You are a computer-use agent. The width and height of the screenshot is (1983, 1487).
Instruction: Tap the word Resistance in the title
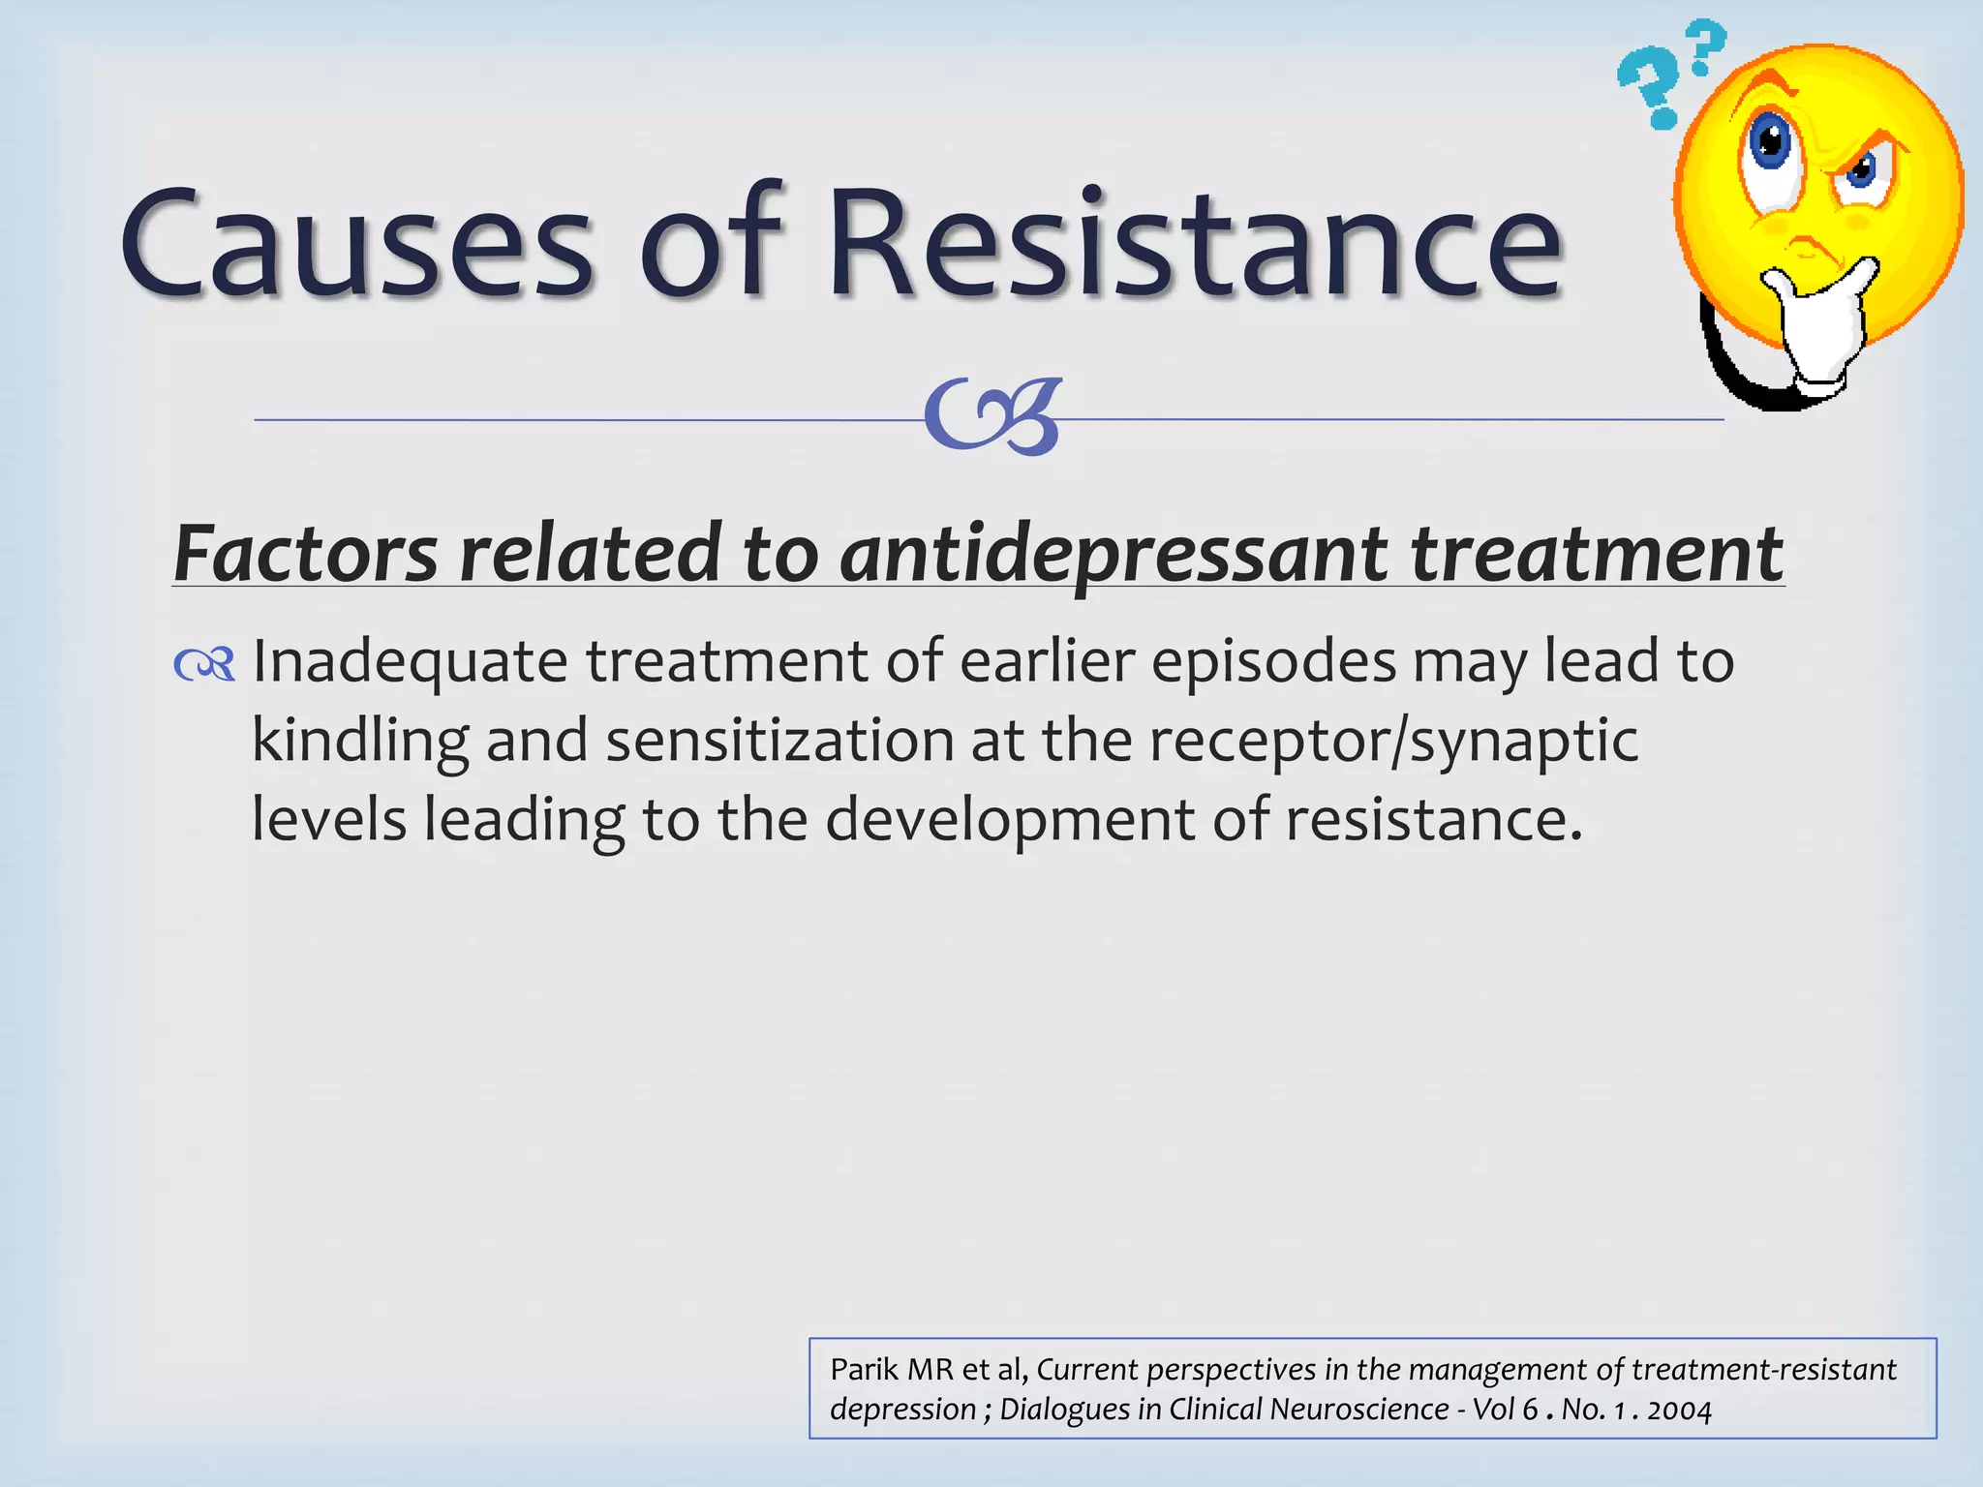point(1195,242)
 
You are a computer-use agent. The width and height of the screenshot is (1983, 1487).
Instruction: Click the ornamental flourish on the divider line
point(993,416)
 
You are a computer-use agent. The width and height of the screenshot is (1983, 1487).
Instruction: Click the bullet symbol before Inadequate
point(204,665)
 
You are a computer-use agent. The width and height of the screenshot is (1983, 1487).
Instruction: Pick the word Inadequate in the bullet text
point(410,662)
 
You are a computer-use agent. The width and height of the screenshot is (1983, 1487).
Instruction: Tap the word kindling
point(360,742)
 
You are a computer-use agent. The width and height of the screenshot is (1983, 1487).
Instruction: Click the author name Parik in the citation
point(864,1370)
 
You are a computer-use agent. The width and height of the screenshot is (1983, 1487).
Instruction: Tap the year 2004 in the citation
point(1679,1410)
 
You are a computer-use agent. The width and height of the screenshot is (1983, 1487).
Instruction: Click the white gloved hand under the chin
point(1820,324)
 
